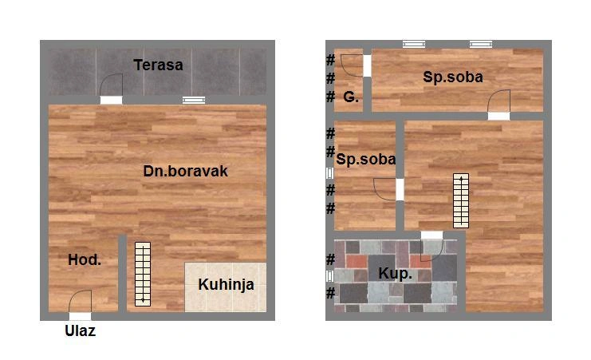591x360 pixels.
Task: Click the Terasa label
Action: coord(158,65)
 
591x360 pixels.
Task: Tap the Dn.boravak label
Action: coord(186,171)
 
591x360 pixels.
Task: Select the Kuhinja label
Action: coord(227,285)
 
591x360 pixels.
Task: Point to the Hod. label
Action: coord(85,259)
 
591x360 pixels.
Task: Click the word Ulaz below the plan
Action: coord(81,331)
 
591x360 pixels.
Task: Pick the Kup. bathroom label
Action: coord(395,274)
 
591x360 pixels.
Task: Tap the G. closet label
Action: coord(351,97)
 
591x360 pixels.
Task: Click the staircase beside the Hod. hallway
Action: coord(143,274)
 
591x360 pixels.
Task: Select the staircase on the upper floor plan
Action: coord(461,201)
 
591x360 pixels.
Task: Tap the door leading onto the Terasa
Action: coord(111,89)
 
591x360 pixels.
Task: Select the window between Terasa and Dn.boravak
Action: coord(194,100)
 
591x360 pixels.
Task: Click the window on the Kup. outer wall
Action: coord(330,276)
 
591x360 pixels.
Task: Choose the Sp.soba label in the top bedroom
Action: coord(453,77)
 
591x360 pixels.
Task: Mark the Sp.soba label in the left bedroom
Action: coord(365,159)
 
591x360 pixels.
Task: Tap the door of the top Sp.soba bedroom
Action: coord(498,105)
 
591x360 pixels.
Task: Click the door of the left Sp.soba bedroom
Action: coord(388,189)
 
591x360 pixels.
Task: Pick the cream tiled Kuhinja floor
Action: coord(226,287)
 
